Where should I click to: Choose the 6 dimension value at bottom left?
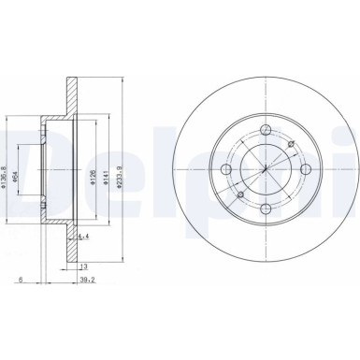click(x=19, y=278)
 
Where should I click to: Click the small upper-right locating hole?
click(x=292, y=142)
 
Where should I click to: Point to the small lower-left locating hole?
click(x=238, y=194)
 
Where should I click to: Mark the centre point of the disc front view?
click(x=265, y=168)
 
